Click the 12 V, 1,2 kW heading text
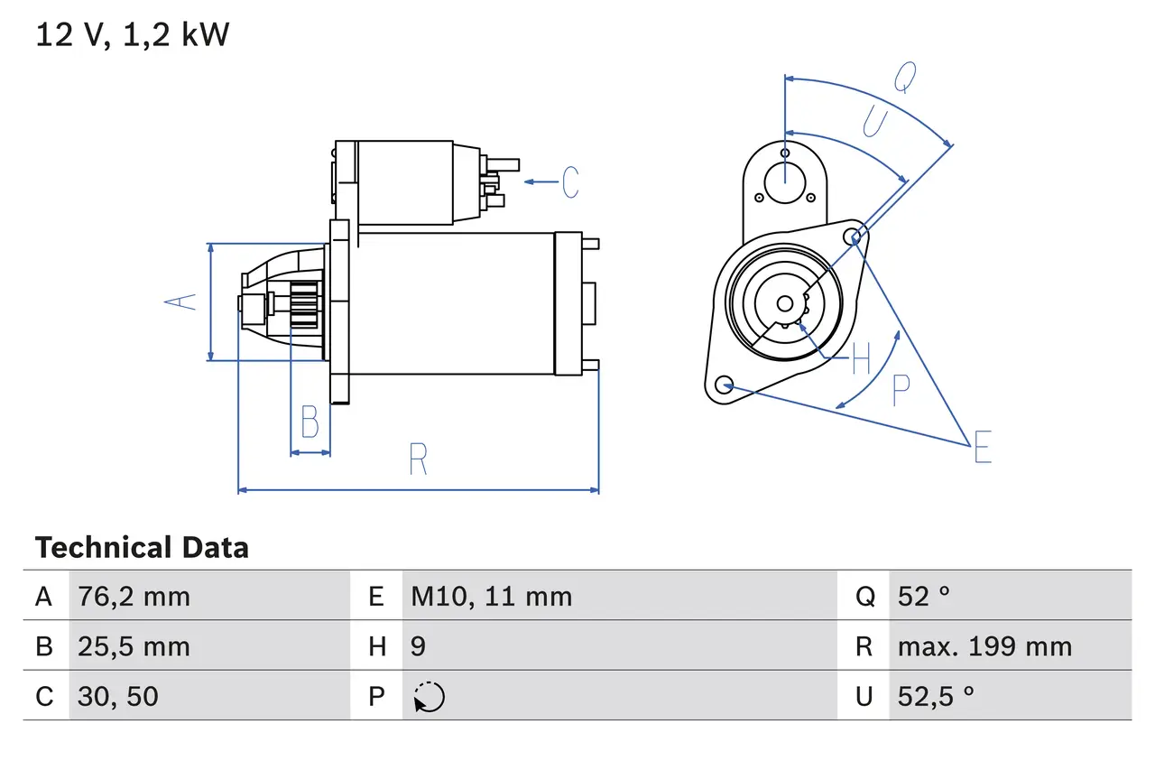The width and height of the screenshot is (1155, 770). click(133, 34)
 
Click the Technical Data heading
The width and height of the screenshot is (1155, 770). click(142, 548)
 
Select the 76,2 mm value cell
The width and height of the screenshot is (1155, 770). click(134, 597)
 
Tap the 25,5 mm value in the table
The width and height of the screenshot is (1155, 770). click(134, 646)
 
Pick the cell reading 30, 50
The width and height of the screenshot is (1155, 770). click(118, 696)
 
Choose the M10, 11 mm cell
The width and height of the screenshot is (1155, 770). click(491, 597)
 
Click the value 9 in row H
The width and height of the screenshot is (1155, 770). click(419, 646)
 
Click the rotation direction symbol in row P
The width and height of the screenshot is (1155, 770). click(430, 697)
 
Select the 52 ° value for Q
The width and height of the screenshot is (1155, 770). click(924, 597)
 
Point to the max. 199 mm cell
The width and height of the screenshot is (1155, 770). click(984, 646)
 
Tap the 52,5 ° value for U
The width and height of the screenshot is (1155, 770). click(936, 696)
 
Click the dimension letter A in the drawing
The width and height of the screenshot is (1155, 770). click(182, 302)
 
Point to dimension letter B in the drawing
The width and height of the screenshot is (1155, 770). click(310, 422)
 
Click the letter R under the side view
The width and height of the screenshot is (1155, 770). click(417, 459)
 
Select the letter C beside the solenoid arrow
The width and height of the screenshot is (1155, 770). click(570, 182)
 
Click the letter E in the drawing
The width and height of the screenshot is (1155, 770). click(982, 447)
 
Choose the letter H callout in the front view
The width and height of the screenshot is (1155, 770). click(861, 360)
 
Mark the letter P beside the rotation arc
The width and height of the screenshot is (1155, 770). click(901, 390)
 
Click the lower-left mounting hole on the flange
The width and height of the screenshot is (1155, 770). click(724, 385)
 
